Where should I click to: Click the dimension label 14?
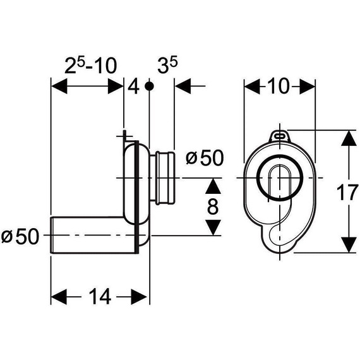100,297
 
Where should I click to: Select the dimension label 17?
348,193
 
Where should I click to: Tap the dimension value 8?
213,207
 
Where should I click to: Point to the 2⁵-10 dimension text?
91,66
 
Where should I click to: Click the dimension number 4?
134,87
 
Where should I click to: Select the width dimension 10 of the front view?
279,86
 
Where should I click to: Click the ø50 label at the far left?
20,236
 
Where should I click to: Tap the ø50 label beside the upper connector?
205,158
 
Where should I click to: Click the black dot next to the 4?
150,87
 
